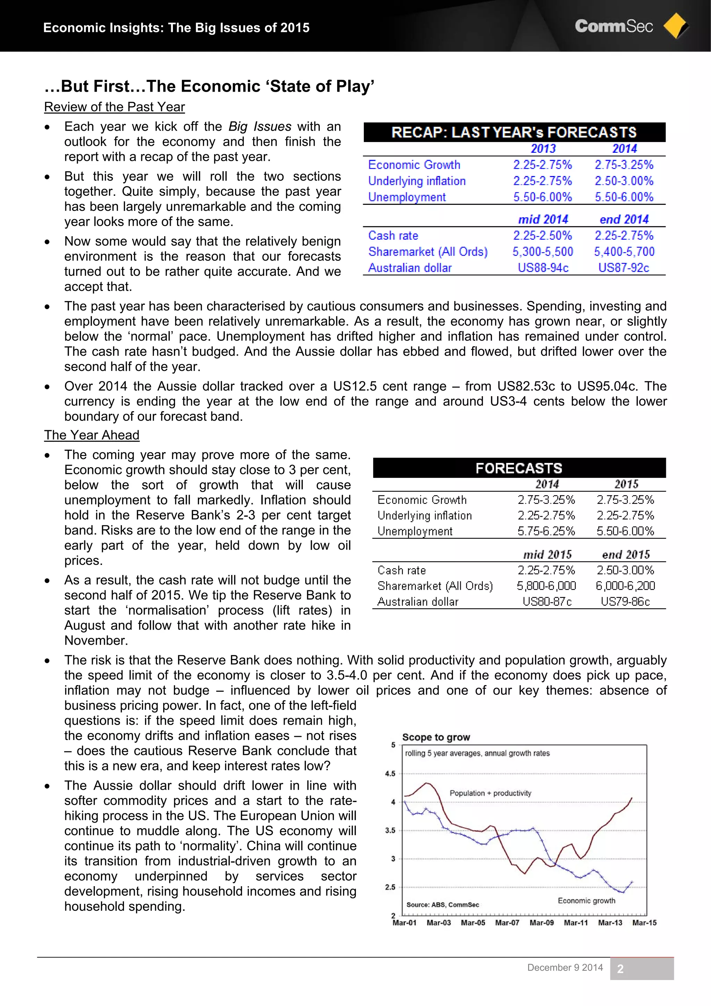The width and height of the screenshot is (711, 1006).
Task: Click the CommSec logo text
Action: (613, 26)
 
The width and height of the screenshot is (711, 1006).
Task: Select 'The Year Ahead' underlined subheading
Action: (92, 435)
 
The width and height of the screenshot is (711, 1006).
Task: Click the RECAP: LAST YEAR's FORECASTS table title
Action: (514, 132)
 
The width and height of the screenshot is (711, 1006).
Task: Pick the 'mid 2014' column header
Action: (543, 219)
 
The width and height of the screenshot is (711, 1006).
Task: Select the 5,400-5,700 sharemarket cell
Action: (624, 251)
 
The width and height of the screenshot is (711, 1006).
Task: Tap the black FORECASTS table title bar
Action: (519, 468)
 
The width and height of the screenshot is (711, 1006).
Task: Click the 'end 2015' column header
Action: (626, 555)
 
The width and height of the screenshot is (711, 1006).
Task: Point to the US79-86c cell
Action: (625, 601)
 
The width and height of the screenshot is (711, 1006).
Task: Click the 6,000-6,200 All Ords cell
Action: (625, 586)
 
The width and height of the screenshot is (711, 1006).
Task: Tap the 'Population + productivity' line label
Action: (490, 793)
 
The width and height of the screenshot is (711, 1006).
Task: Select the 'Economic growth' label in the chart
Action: (586, 900)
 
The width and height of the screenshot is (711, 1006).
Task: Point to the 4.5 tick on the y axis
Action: (390, 773)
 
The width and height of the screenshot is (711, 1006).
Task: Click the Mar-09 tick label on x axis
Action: (542, 922)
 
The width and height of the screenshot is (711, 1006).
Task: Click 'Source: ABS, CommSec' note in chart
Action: (442, 904)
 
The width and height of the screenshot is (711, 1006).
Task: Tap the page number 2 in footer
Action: (620, 969)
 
